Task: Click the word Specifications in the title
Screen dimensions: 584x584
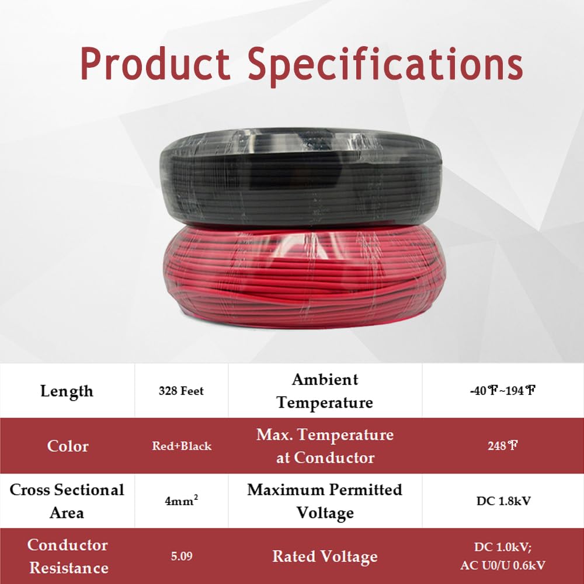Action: tap(385, 64)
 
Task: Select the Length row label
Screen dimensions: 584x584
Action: tap(67, 391)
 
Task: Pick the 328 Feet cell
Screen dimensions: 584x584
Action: tap(181, 391)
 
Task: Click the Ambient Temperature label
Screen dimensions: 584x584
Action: tap(325, 391)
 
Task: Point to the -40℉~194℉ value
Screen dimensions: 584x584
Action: tap(502, 391)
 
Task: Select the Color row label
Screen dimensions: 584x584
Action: tap(68, 446)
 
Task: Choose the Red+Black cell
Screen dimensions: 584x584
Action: tap(181, 446)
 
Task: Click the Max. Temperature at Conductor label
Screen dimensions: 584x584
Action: tap(325, 446)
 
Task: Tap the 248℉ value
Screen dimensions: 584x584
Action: tap(502, 446)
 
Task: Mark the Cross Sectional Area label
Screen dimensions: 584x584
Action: tap(67, 501)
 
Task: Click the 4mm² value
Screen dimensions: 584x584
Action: tap(181, 501)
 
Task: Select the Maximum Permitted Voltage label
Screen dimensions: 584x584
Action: tap(325, 501)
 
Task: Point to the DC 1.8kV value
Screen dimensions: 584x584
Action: tap(502, 501)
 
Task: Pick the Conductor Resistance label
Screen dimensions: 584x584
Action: tap(68, 556)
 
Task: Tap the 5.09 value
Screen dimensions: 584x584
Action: tap(181, 556)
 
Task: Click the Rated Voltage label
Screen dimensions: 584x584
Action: tap(325, 557)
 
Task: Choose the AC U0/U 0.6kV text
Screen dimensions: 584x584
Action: tap(502, 566)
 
